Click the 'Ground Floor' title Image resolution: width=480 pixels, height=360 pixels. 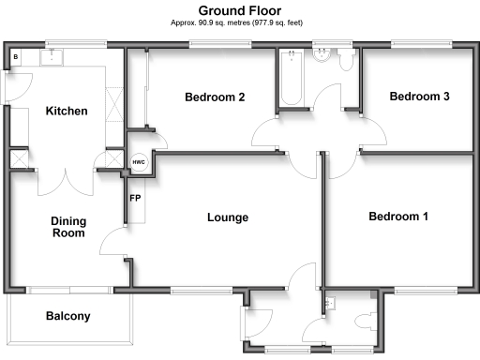coord(239,9)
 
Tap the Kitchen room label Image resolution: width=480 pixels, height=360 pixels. coord(67,112)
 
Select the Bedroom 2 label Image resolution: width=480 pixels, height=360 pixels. coord(215,97)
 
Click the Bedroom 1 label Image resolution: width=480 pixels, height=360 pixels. coord(397,217)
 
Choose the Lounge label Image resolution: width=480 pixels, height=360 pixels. coord(228,217)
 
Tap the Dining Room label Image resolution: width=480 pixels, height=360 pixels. coord(68,226)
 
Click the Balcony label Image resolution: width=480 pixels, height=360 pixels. coord(68,316)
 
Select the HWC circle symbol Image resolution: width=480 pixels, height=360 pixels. coord(139,162)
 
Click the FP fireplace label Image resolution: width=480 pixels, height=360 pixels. coord(135,199)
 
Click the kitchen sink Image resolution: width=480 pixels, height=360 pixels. coord(51,57)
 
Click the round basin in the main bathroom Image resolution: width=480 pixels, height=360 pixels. coord(325,55)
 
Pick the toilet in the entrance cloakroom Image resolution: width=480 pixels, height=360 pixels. coord(367,320)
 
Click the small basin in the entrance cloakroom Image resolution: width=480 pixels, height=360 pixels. coord(330,303)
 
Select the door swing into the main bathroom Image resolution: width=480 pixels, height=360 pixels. coord(330,99)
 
